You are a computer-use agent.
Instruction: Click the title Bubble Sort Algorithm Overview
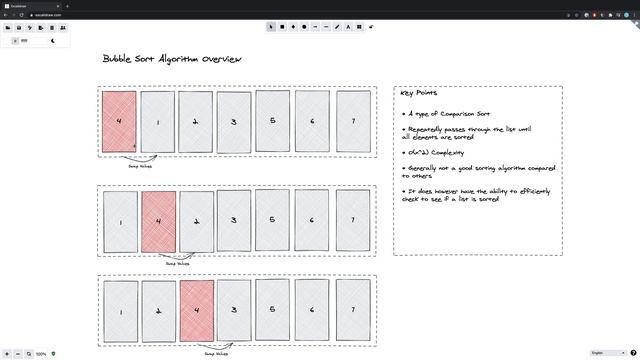[x=171, y=60]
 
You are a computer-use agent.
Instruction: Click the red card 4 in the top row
[x=119, y=122]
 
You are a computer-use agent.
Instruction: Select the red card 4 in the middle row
[x=158, y=221]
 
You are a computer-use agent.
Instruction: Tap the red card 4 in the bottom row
[x=197, y=311]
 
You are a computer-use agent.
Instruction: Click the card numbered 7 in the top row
[x=352, y=122]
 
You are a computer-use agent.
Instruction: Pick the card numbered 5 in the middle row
[x=273, y=221]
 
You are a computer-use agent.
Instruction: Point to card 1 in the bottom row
[x=120, y=311]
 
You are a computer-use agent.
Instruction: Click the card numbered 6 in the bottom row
[x=313, y=311]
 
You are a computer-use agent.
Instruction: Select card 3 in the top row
[x=234, y=122]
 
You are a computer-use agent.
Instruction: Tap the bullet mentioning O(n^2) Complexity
[x=434, y=152]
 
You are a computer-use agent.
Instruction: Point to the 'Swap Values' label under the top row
[x=140, y=167]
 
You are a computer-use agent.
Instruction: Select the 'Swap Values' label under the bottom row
[x=216, y=353]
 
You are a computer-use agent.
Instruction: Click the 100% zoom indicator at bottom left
[x=42, y=354]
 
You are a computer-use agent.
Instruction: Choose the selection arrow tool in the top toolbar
[x=271, y=27]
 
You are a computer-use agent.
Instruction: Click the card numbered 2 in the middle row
[x=196, y=221]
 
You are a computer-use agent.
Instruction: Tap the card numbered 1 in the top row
[x=157, y=122]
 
